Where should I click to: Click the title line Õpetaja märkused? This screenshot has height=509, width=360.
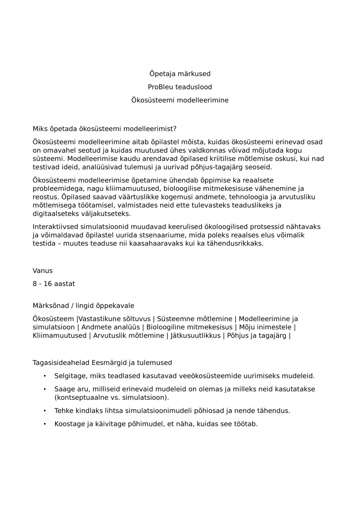[x=180, y=74]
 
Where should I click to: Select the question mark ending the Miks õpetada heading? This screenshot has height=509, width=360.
[x=175, y=128]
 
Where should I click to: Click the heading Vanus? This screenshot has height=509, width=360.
[x=42, y=271]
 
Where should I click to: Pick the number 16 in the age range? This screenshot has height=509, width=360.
[x=48, y=284]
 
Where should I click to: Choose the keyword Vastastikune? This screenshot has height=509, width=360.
[x=100, y=319]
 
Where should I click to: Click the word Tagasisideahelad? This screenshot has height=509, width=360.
[x=61, y=363]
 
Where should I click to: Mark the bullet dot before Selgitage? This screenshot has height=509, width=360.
[x=45, y=376]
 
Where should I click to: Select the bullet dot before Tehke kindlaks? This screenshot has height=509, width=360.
[x=45, y=410]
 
